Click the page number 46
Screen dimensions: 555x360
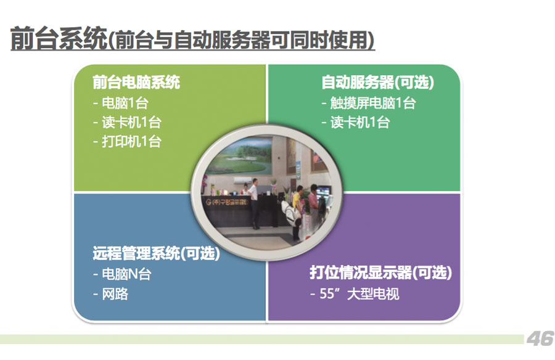click(x=540, y=339)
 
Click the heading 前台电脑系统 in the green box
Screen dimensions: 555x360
click(x=136, y=82)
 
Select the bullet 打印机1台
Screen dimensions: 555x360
click(x=127, y=142)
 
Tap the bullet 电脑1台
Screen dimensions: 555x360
click(x=120, y=103)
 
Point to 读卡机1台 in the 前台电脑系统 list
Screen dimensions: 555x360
click(x=127, y=123)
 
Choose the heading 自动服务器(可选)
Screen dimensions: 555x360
click(x=377, y=82)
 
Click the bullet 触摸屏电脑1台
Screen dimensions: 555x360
click(x=369, y=103)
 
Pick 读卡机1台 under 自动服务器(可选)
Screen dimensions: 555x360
click(x=356, y=123)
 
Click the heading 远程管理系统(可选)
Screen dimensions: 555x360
click(x=156, y=253)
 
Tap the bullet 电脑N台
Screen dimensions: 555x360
click(x=122, y=274)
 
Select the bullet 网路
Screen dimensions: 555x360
click(x=110, y=294)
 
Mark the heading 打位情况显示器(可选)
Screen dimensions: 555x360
click(x=381, y=272)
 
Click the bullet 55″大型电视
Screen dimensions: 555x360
click(x=355, y=294)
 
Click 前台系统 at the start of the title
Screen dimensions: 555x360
click(x=59, y=38)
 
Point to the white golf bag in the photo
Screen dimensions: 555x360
click(x=291, y=213)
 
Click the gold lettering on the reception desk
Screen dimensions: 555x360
click(x=227, y=202)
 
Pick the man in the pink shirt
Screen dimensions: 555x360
click(x=314, y=205)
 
